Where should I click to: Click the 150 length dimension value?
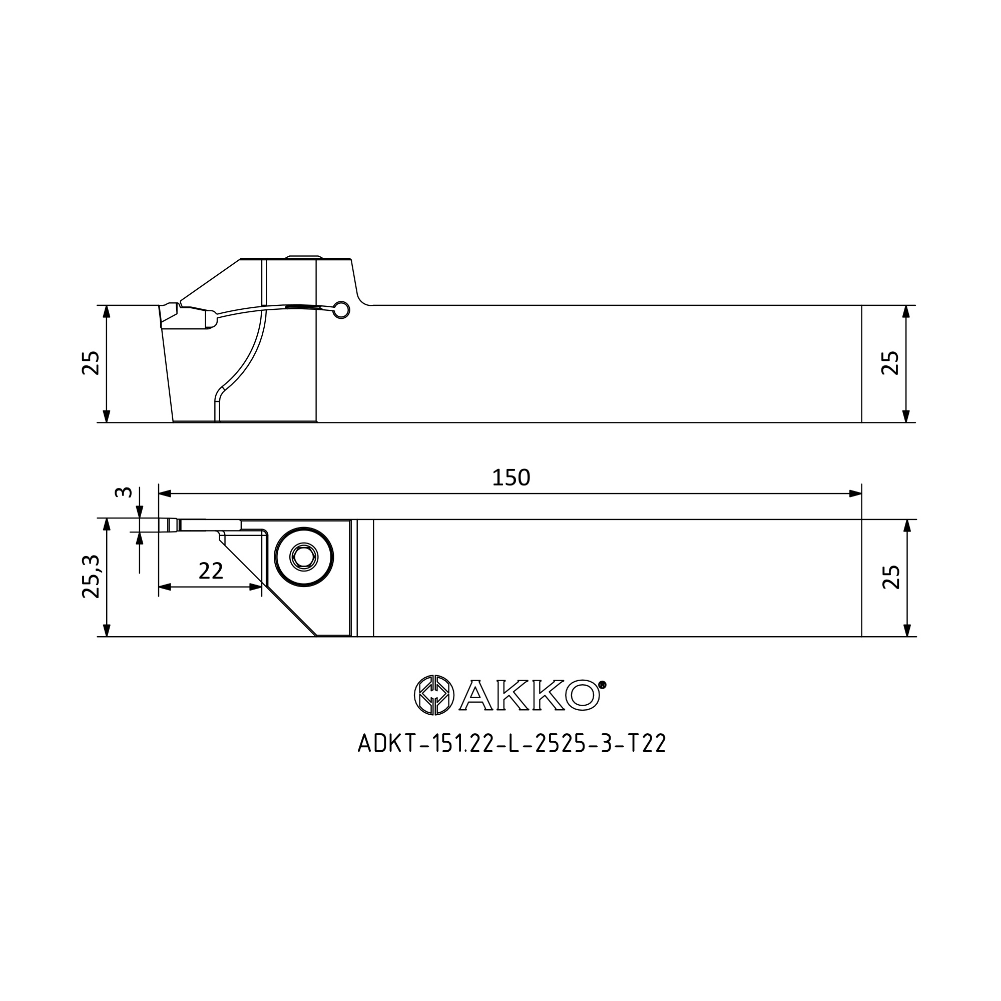(x=511, y=477)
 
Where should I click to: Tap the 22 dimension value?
(x=211, y=571)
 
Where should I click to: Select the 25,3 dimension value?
(x=91, y=576)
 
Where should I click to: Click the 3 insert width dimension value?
(x=123, y=491)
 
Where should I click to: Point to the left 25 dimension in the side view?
(x=91, y=363)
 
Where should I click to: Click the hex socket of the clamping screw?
(x=304, y=558)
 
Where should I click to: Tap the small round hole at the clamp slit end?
(x=341, y=310)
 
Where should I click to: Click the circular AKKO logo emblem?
(x=434, y=695)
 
